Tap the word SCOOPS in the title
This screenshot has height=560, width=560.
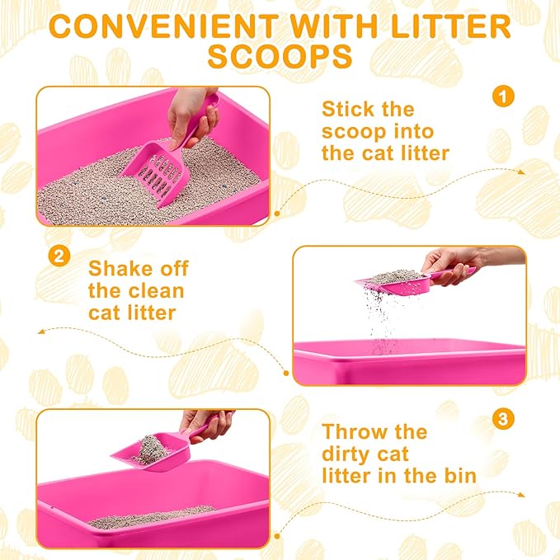click(280, 57)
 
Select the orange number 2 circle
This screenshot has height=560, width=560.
click(58, 256)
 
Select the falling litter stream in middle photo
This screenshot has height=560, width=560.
click(381, 322)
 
